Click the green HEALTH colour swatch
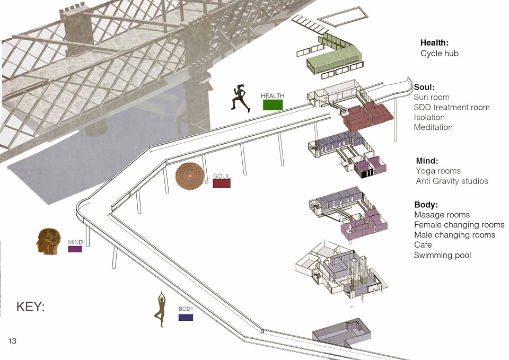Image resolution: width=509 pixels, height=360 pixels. click(x=273, y=105)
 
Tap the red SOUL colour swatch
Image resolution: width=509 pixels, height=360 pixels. click(x=222, y=184)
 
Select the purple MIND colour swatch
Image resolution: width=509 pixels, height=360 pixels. click(x=75, y=249)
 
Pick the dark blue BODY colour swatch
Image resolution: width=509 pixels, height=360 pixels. click(x=186, y=317)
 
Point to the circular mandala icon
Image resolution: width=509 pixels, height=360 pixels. click(x=190, y=176)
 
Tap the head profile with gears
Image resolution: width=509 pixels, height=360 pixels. click(x=48, y=241)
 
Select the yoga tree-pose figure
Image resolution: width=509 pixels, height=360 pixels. click(x=160, y=309)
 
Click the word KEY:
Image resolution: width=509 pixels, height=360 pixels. click(x=31, y=306)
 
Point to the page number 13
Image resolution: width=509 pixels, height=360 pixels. click(x=12, y=341)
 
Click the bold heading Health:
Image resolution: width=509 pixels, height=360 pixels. click(x=434, y=42)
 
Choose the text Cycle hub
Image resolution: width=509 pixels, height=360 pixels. click(x=440, y=54)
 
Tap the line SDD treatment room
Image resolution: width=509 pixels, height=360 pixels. click(x=452, y=108)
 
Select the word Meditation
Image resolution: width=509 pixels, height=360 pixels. click(x=433, y=127)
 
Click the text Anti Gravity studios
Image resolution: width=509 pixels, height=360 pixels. click(x=452, y=181)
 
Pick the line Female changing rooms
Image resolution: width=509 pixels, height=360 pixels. click(x=459, y=225)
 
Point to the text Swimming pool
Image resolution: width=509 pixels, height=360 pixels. click(x=442, y=255)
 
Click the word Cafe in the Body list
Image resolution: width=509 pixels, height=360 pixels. click(x=423, y=245)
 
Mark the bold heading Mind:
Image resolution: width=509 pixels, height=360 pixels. click(x=427, y=161)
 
